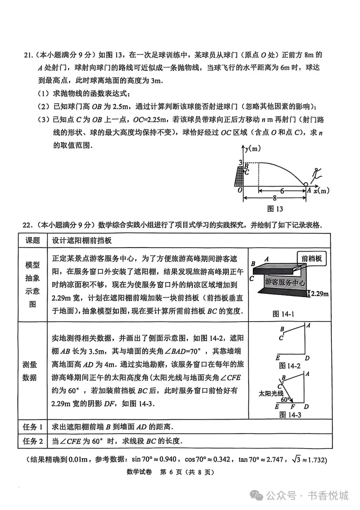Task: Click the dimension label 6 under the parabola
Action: click(282, 191)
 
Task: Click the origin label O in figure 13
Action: click(239, 191)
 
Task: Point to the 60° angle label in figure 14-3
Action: click(285, 400)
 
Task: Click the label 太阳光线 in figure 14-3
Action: click(270, 393)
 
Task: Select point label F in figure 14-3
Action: click(292, 407)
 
